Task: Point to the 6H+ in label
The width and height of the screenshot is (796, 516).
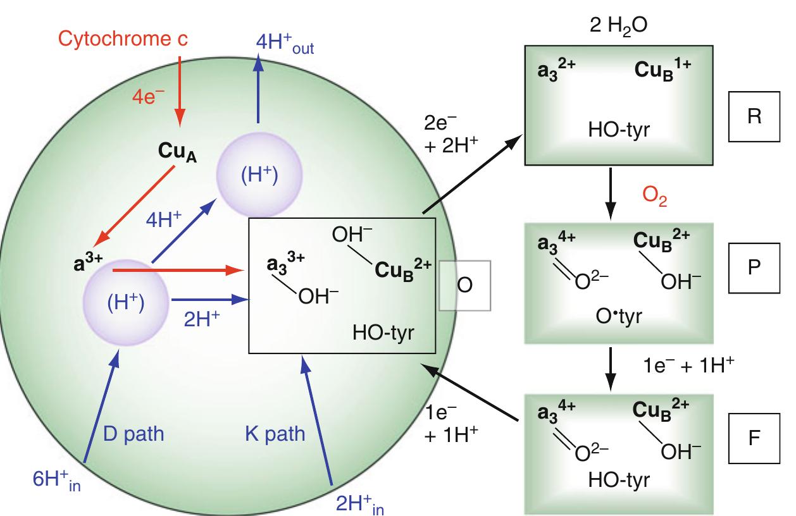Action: pos(57,479)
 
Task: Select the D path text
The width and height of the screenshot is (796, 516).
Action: pos(134,434)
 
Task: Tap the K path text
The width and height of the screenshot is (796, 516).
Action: pos(275,434)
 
